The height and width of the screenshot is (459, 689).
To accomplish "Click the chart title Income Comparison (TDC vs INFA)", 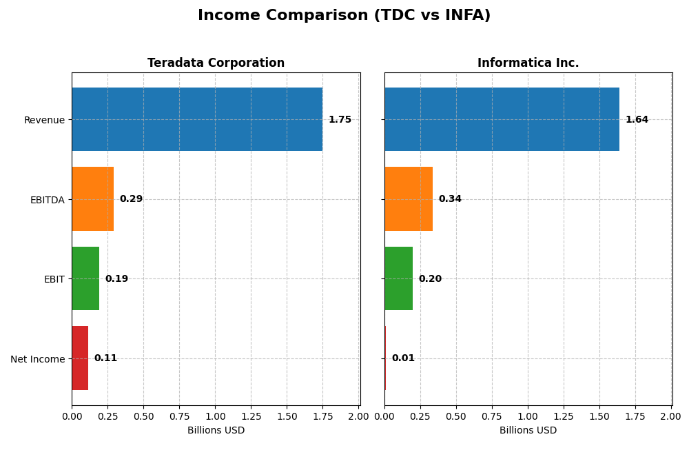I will (x=344, y=15).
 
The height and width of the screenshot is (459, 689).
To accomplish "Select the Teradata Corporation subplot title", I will (x=216, y=63).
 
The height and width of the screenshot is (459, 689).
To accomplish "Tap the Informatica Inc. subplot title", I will (x=528, y=63).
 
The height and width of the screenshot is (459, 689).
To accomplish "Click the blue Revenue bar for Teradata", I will (x=197, y=119).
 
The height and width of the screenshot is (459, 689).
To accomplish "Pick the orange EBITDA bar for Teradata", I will (x=92, y=198).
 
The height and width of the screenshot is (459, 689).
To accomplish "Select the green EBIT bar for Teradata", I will (x=85, y=278).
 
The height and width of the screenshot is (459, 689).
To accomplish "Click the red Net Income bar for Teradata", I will (x=80, y=358).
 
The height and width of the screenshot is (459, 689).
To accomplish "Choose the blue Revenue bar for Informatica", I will (x=502, y=119).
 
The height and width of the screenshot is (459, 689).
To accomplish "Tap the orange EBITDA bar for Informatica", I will (x=409, y=198).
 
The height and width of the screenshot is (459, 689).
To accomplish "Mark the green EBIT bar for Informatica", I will (x=398, y=278).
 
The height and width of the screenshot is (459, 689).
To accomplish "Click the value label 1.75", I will (x=340, y=119).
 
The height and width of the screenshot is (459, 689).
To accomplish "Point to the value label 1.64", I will (x=637, y=119).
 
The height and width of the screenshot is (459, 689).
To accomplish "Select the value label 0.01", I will (x=403, y=358).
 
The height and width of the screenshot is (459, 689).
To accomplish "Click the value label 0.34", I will (x=450, y=198).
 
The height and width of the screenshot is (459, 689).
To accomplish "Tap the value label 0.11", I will (x=105, y=358).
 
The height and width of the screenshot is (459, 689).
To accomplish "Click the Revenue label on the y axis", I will (x=44, y=120).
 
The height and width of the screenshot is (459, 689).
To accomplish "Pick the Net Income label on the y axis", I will (x=38, y=358).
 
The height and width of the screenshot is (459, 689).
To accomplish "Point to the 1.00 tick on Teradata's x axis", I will (x=215, y=416).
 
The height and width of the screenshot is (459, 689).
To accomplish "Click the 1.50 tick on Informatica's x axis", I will (x=599, y=416).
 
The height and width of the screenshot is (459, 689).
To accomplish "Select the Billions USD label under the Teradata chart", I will (x=216, y=430).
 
